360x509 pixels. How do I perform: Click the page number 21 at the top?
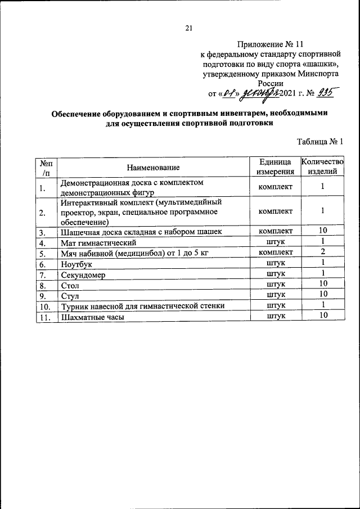189,28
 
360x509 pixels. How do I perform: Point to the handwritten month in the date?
258,93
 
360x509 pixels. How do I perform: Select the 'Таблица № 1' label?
319,142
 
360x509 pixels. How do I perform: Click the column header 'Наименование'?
153,167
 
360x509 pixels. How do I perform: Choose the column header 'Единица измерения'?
275,166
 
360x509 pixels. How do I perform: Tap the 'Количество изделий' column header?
322,166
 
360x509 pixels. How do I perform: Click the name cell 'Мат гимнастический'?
98,243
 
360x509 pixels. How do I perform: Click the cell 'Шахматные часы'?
91,317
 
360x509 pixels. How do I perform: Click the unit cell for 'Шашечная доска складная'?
275,231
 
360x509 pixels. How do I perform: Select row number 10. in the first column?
46,307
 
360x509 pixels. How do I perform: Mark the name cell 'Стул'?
69,296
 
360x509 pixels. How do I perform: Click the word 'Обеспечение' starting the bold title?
80,114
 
